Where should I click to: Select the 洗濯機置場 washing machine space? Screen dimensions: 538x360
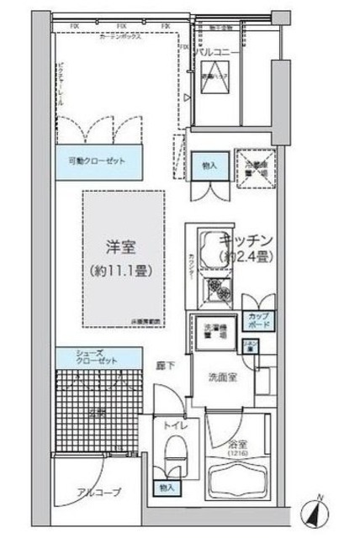pyautogui.click(x=214, y=330)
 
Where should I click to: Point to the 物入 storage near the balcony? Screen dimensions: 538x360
pyautogui.click(x=209, y=166)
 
